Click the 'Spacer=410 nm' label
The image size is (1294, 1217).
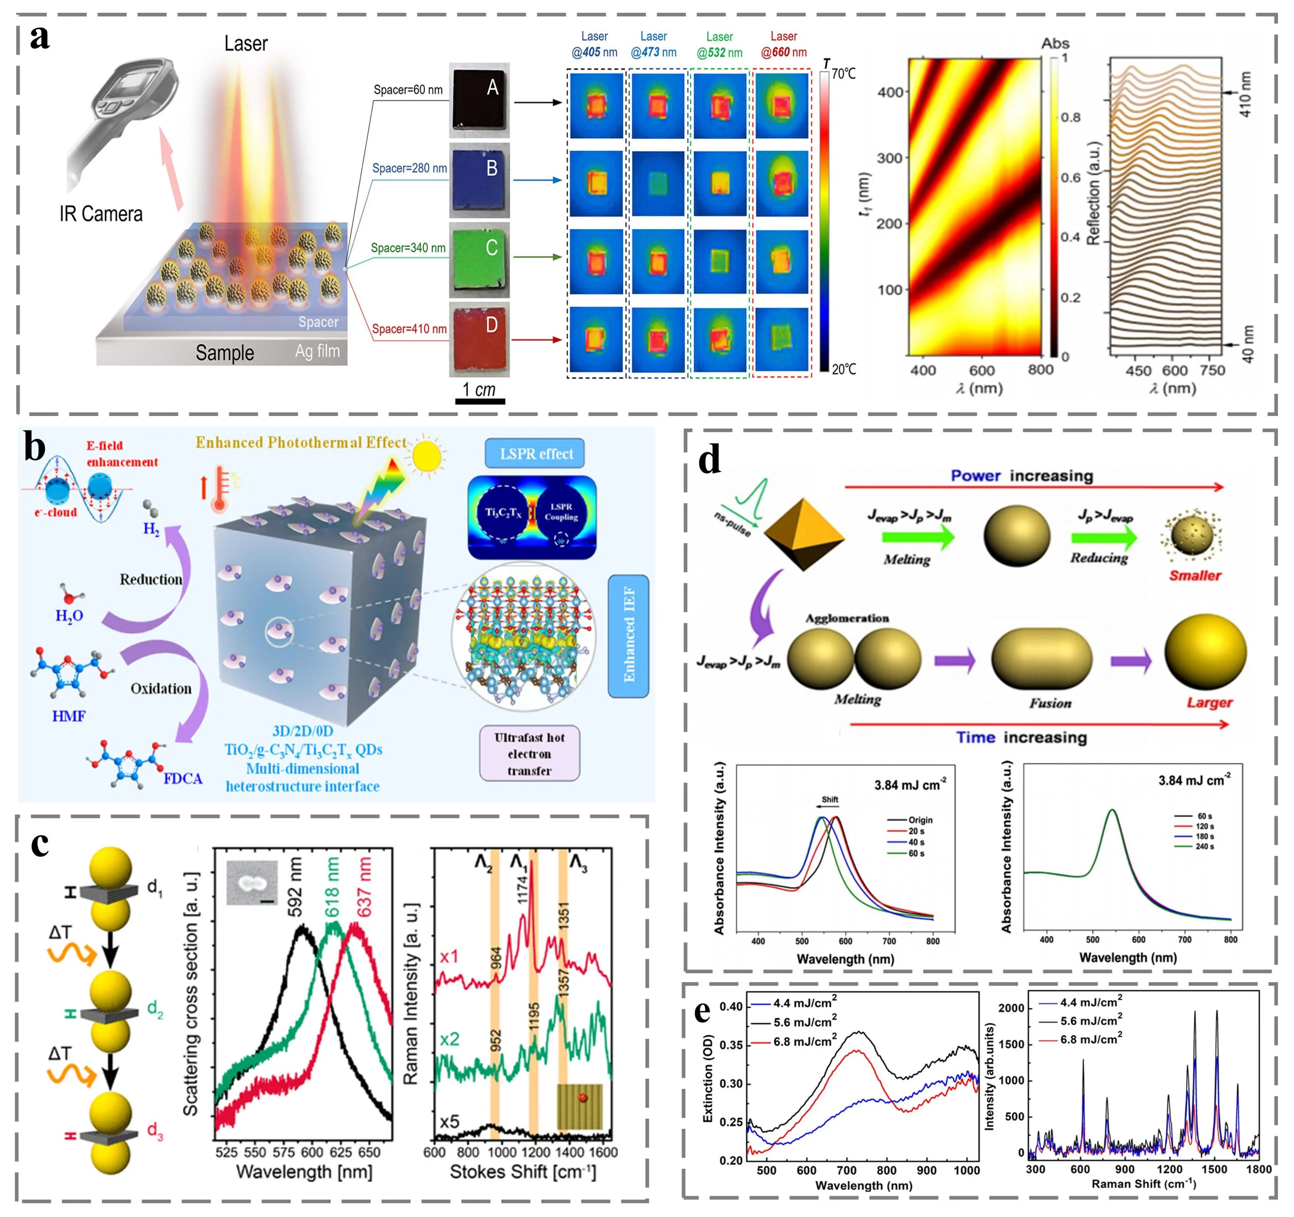tap(409, 329)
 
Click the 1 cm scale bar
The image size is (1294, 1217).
tap(480, 401)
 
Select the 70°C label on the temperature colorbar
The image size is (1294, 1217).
tap(843, 74)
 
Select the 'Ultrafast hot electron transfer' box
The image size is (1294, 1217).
tap(529, 754)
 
